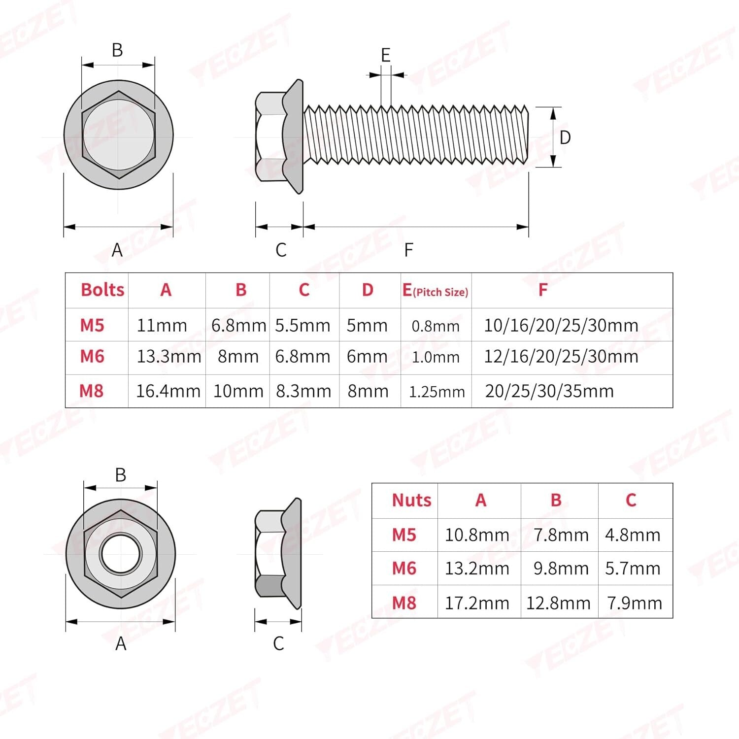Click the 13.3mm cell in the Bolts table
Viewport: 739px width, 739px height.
tap(168, 357)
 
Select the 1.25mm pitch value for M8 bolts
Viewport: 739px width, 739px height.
tap(437, 392)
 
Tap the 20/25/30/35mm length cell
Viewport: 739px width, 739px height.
tap(549, 391)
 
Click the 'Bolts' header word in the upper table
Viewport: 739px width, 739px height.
tap(102, 290)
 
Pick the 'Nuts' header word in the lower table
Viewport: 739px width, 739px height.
tap(411, 500)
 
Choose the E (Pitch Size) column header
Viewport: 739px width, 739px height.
tap(435, 291)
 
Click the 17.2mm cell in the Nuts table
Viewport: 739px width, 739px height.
tap(477, 603)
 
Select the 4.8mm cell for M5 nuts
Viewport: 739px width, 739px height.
tap(633, 535)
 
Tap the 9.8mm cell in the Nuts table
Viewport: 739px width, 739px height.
tap(561, 569)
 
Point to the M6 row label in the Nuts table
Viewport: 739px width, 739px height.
tap(404, 569)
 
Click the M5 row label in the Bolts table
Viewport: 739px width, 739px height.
tap(92, 325)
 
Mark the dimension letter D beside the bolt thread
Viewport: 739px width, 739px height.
tap(565, 137)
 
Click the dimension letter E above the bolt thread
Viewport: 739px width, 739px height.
tap(386, 55)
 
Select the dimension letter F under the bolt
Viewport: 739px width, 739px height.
tap(408, 250)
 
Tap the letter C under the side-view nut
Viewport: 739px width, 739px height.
tap(278, 643)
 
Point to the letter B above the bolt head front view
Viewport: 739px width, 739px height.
tap(117, 50)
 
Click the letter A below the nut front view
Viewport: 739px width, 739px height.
tap(121, 643)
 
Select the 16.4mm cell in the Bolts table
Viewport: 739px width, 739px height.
tap(168, 391)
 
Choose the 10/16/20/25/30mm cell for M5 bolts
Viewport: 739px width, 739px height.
tap(561, 326)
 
